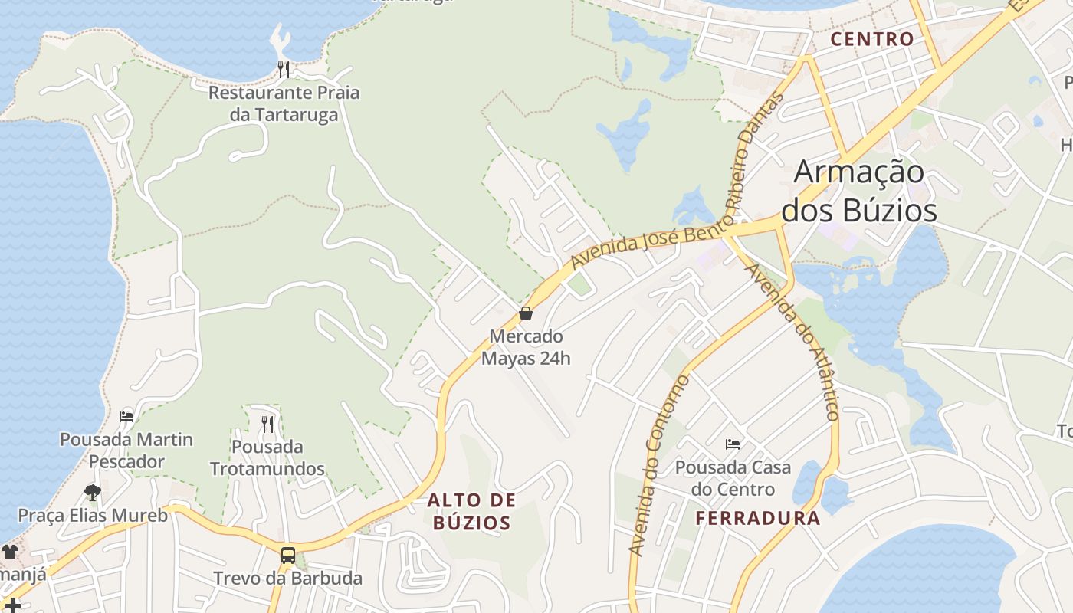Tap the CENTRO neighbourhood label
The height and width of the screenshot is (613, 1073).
[872, 39]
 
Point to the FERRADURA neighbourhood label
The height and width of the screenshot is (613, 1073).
[757, 518]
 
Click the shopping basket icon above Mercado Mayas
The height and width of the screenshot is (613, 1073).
[526, 313]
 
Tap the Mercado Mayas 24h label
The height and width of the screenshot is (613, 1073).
[526, 347]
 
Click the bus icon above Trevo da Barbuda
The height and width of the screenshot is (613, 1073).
[288, 556]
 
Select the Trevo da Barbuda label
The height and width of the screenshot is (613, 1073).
[287, 578]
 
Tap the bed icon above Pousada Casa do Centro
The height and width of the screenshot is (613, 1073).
[733, 444]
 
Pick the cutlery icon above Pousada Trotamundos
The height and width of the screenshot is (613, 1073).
[267, 424]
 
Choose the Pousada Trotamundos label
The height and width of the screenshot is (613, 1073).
[267, 457]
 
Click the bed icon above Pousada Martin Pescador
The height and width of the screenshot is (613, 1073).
[126, 417]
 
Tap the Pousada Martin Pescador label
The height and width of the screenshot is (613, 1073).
[126, 451]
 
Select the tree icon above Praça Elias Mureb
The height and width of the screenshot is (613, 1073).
[93, 492]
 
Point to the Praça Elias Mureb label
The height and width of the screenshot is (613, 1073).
[93, 515]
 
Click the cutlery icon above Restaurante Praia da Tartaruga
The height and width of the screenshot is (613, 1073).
[284, 70]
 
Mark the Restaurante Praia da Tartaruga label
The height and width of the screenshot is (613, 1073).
[284, 103]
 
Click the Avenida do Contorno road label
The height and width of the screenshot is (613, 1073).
[657, 466]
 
